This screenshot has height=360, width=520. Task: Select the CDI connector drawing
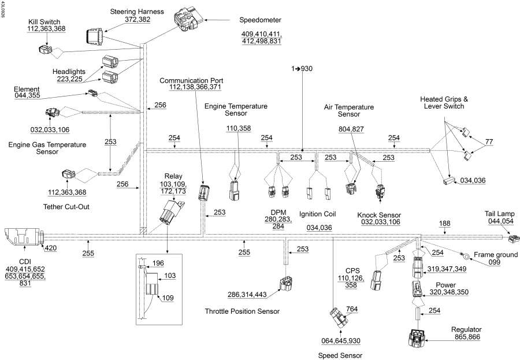click(23, 237)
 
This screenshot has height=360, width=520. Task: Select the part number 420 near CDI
click(51, 248)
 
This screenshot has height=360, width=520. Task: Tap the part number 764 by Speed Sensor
click(352, 310)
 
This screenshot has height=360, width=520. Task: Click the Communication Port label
click(191, 80)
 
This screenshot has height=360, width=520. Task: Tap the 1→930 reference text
click(302, 69)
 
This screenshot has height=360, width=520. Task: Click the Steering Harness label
click(137, 12)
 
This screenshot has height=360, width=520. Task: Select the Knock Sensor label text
click(379, 215)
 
